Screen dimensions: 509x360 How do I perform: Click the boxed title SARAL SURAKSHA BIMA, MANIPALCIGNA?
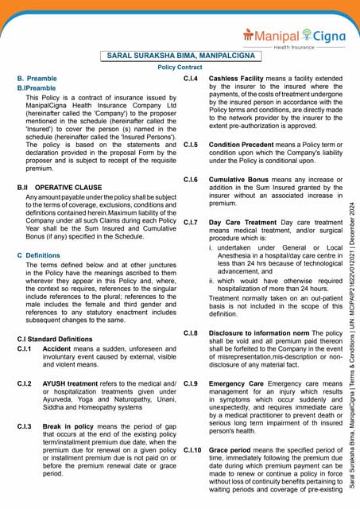click(180, 56)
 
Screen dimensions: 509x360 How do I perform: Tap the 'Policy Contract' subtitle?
click(180, 68)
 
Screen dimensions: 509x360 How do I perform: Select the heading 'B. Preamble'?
click(37, 79)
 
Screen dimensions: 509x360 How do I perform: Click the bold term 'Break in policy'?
click(74, 426)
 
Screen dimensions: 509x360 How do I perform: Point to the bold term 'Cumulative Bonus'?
click(241, 180)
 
